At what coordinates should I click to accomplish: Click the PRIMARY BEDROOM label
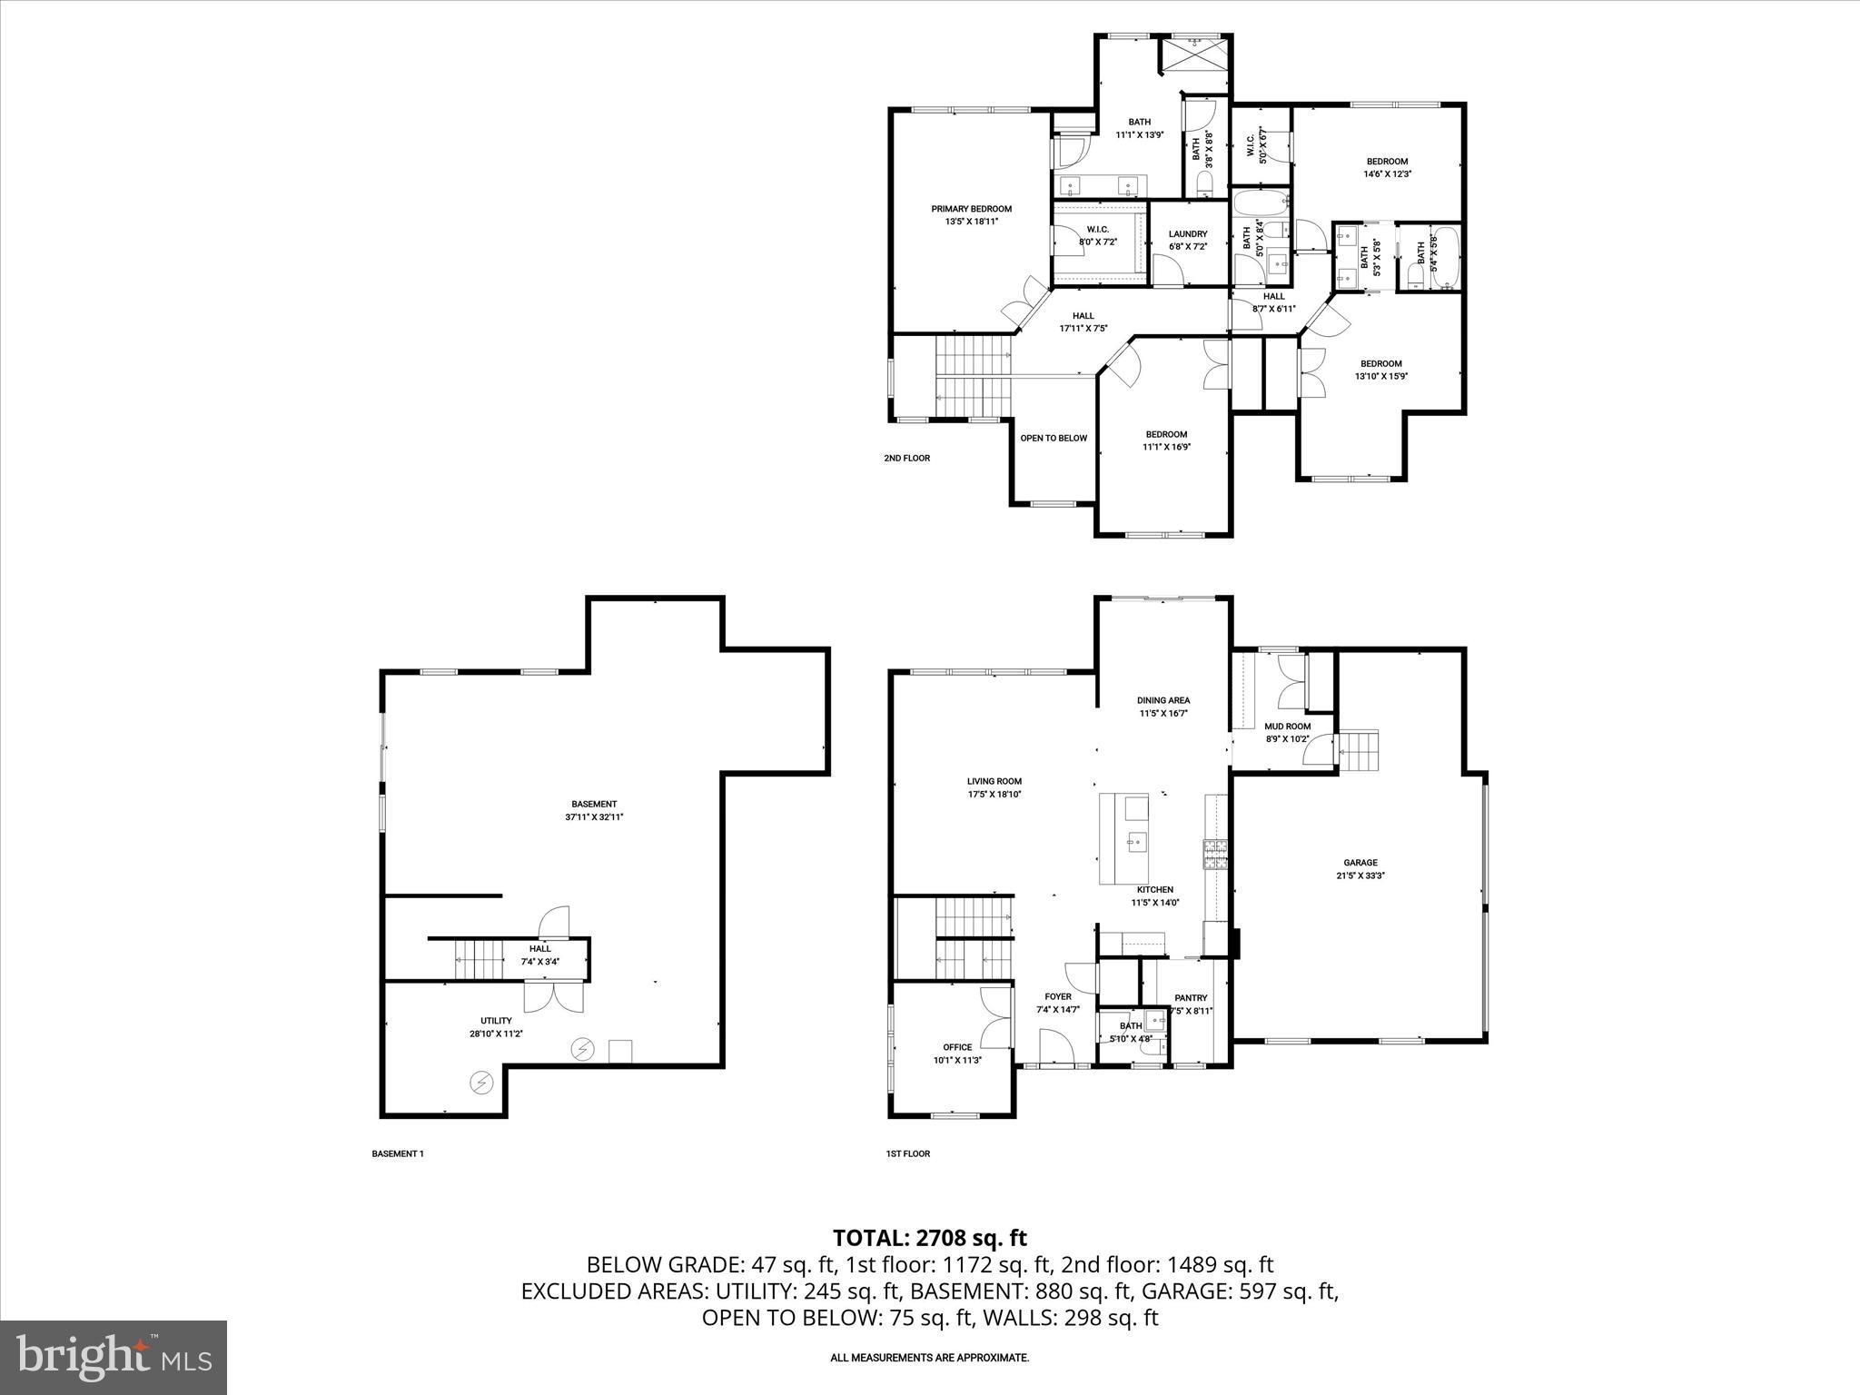click(x=971, y=209)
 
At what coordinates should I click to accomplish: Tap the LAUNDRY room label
click(x=1188, y=233)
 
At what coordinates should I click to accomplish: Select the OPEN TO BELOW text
click(x=1054, y=438)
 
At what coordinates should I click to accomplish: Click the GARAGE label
click(x=1360, y=863)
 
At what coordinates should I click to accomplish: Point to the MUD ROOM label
click(x=1288, y=726)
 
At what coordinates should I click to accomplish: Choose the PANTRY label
click(x=1191, y=997)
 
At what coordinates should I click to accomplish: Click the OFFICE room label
click(x=957, y=1047)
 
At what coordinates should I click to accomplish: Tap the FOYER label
click(x=1058, y=996)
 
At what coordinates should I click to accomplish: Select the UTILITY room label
click(x=496, y=1020)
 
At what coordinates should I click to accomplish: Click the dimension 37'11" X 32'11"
click(x=594, y=816)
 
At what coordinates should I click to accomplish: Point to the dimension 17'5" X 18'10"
click(x=994, y=794)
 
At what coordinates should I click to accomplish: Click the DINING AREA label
click(x=1163, y=700)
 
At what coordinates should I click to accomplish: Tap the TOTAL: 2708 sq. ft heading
click(x=930, y=1237)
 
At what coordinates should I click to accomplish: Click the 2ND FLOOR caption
click(x=906, y=458)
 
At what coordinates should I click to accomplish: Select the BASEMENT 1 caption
click(x=398, y=1153)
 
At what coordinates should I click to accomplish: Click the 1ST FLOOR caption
click(x=908, y=1153)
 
